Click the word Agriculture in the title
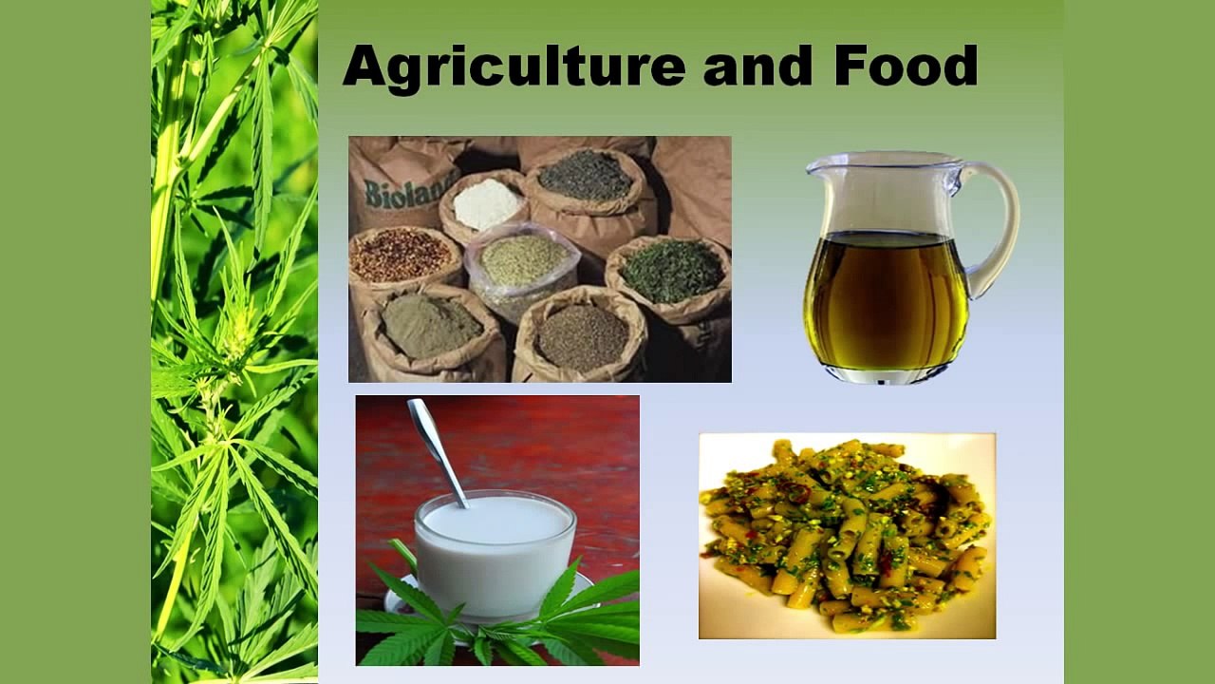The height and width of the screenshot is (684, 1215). pyautogui.click(x=514, y=67)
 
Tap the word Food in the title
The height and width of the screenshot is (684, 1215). pyautogui.click(x=906, y=67)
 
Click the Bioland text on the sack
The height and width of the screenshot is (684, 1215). pyautogui.click(x=398, y=193)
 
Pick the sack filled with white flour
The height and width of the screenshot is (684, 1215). pyautogui.click(x=486, y=203)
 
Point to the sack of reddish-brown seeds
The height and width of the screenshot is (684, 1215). pyautogui.click(x=401, y=255)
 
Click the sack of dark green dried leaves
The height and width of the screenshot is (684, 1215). pyautogui.click(x=672, y=271)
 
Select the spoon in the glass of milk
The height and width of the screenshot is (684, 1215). pyautogui.click(x=436, y=446)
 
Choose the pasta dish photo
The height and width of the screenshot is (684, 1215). pyautogui.click(x=847, y=536)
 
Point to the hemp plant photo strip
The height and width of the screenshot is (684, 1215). pyautogui.click(x=234, y=342)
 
